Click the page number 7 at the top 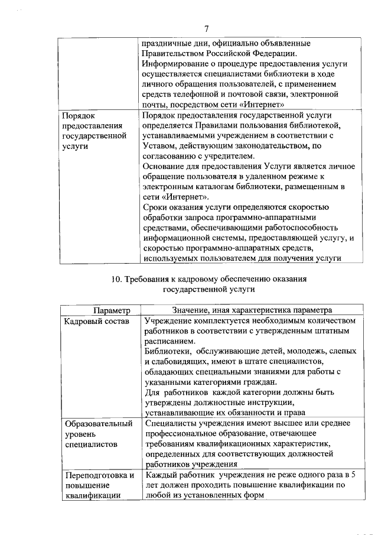point(207,28)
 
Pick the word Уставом point(160,145)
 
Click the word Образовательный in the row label point(98,423)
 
